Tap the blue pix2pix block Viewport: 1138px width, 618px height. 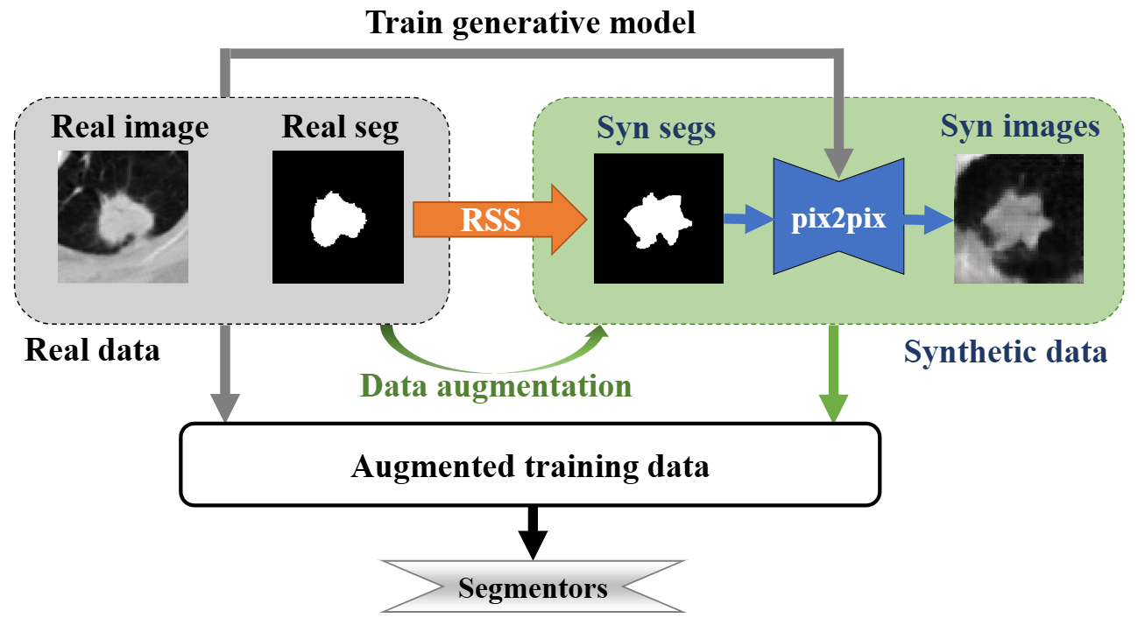click(x=838, y=220)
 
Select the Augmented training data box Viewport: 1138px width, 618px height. click(x=529, y=465)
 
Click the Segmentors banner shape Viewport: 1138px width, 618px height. click(x=532, y=587)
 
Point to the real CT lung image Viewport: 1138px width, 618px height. click(x=123, y=215)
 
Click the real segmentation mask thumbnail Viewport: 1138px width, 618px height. click(x=338, y=216)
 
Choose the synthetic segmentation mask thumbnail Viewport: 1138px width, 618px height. click(x=659, y=218)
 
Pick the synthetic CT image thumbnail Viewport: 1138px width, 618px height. click(x=1018, y=218)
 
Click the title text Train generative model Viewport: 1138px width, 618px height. click(x=531, y=22)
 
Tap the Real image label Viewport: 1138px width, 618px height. click(x=131, y=128)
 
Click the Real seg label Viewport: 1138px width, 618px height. click(x=340, y=128)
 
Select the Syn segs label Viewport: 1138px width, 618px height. click(x=656, y=128)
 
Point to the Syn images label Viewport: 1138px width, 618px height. click(x=1020, y=126)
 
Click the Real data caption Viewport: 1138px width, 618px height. click(x=92, y=350)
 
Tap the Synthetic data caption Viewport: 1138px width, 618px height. click(x=1006, y=352)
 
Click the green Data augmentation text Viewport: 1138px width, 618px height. click(x=497, y=386)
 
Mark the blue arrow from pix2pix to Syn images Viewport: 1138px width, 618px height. click(x=927, y=220)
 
